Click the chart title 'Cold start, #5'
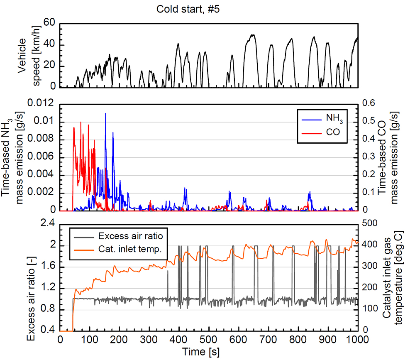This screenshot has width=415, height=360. [x=185, y=9]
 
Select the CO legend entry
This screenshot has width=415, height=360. [x=322, y=133]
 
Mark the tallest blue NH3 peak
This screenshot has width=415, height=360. [x=105, y=113]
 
